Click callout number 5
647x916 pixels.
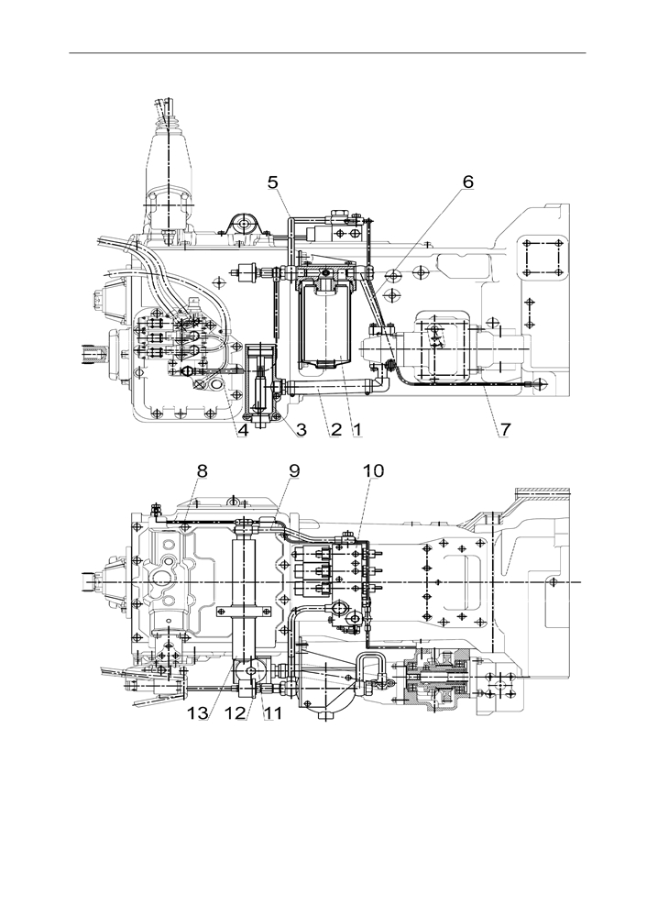pyautogui.click(x=273, y=182)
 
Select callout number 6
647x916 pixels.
pyautogui.click(x=467, y=182)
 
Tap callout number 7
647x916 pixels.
pyautogui.click(x=505, y=429)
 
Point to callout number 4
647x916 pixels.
pyautogui.click(x=243, y=430)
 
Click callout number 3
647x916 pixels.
pyautogui.click(x=302, y=430)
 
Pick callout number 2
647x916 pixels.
pyautogui.click(x=335, y=430)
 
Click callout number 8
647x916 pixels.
pyautogui.click(x=202, y=471)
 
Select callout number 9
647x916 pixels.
pyautogui.click(x=294, y=471)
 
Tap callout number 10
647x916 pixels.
pyautogui.click(x=374, y=471)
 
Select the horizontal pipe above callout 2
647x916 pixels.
pyautogui.click(x=333, y=386)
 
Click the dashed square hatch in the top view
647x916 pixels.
pyautogui.click(x=543, y=258)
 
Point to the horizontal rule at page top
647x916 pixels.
pyautogui.click(x=327, y=53)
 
